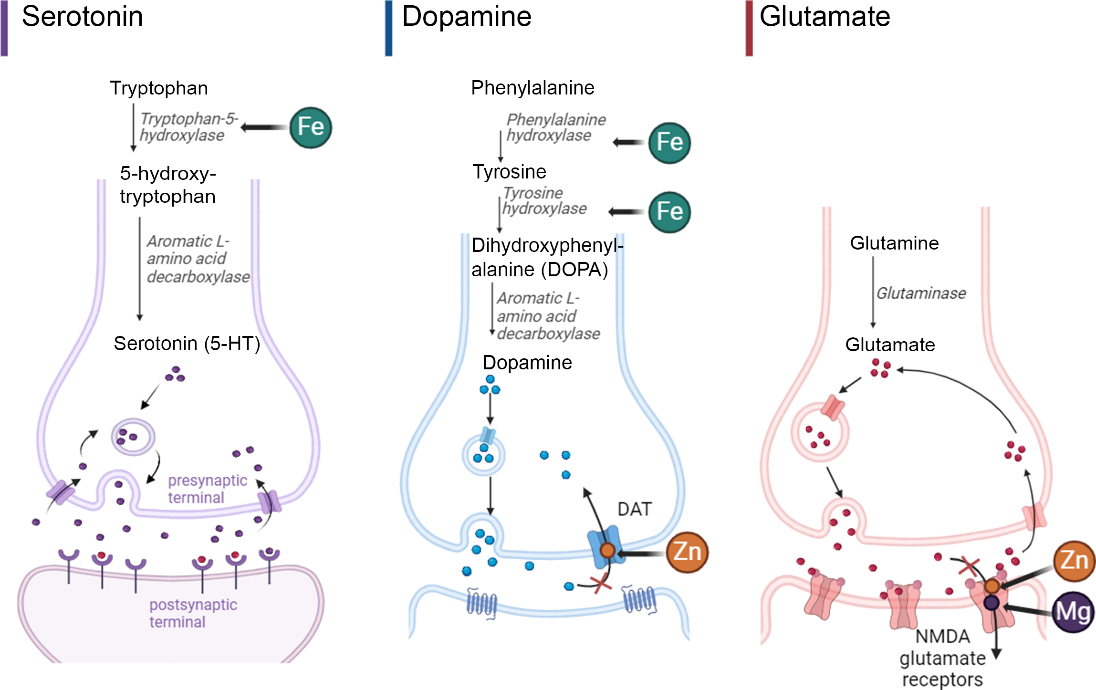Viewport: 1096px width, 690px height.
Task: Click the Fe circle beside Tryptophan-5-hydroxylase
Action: [x=311, y=127]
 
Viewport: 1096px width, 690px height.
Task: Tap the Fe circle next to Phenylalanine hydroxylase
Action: [x=669, y=143]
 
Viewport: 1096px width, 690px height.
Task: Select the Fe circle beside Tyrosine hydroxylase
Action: [x=669, y=212]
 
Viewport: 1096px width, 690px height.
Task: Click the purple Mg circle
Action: [x=1074, y=612]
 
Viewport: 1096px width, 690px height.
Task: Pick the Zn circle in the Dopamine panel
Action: [x=687, y=552]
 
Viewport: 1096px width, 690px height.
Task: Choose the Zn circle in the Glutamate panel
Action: [x=1074, y=561]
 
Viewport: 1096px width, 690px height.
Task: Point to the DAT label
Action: [x=634, y=509]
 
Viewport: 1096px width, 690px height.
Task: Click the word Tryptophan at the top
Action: [x=159, y=88]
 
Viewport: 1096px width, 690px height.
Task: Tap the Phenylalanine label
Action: [x=532, y=88]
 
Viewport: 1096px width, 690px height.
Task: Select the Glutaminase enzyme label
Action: [x=921, y=293]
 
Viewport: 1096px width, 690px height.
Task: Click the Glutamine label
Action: [x=894, y=243]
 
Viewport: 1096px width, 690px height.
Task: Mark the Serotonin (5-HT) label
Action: [x=187, y=344]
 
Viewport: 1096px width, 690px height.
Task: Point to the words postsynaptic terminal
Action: [x=193, y=613]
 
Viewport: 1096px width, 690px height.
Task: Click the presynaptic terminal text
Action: [x=207, y=489]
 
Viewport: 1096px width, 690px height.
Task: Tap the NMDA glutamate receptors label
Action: [x=942, y=658]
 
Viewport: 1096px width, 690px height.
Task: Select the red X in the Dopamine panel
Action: [x=601, y=583]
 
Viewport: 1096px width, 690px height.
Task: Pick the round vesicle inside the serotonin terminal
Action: [x=133, y=437]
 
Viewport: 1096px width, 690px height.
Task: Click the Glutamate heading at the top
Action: [x=825, y=17]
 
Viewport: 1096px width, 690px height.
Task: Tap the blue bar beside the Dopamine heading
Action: [x=388, y=28]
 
